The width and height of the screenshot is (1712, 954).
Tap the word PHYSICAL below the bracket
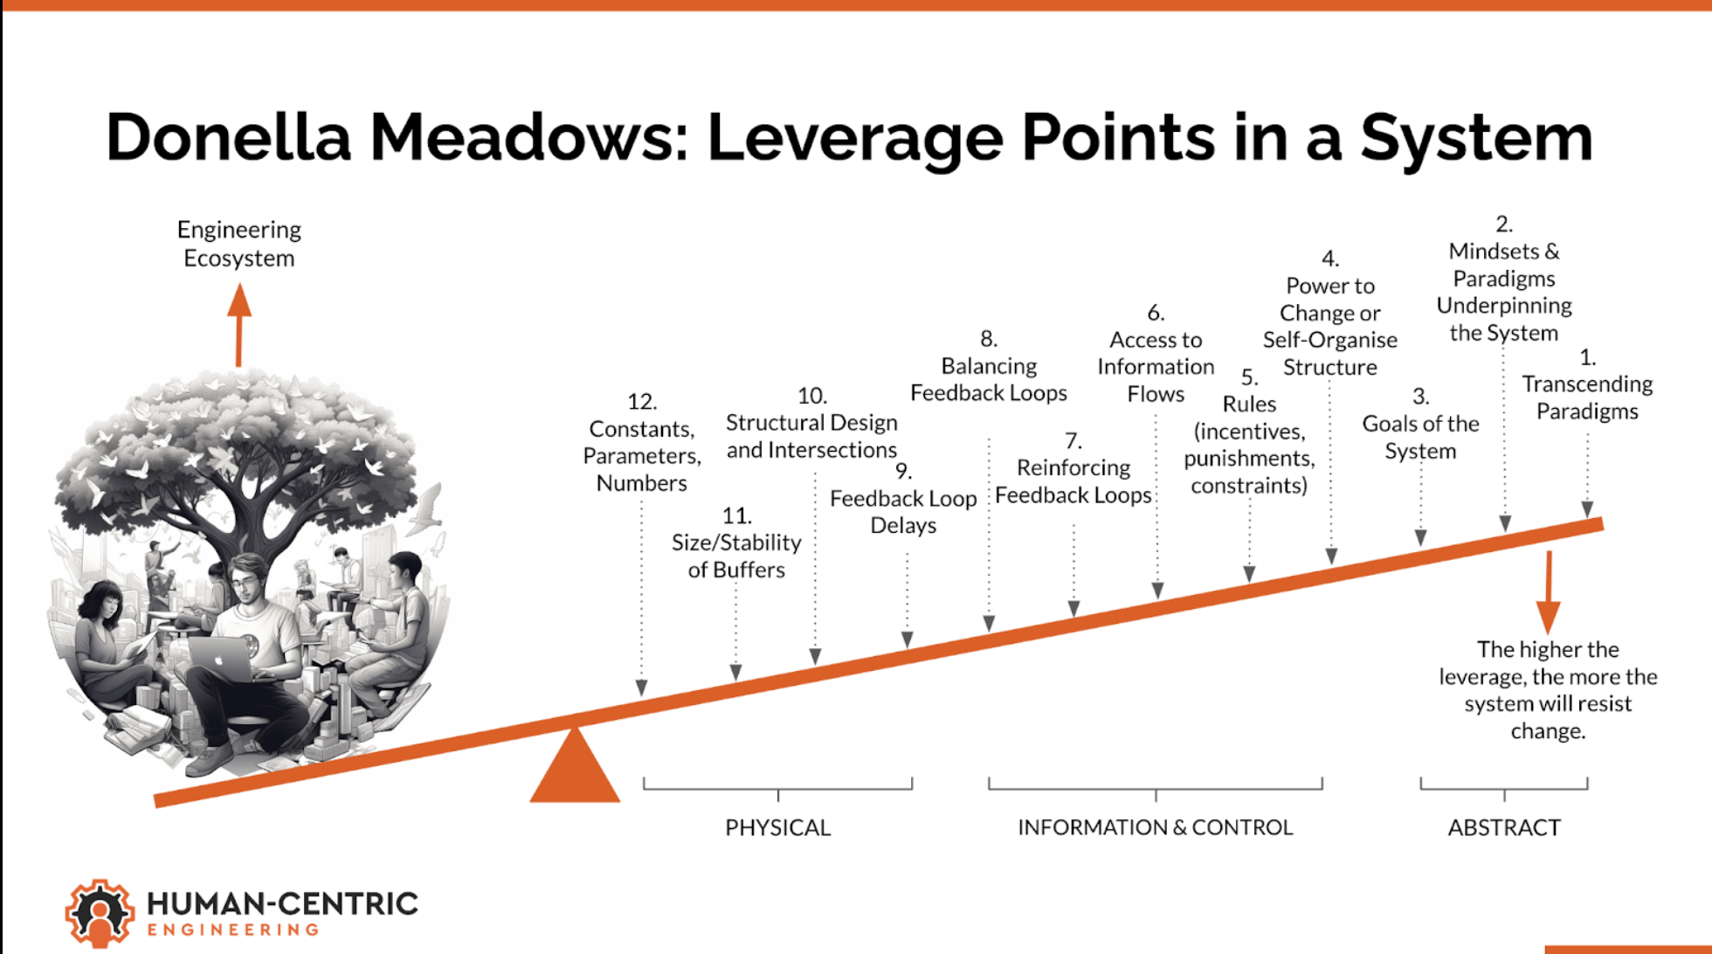coord(777,827)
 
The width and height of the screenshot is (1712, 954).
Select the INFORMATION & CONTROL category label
coord(1155,827)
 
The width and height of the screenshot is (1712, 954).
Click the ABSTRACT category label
coord(1503,827)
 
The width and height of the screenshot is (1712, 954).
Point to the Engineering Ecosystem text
coord(238,244)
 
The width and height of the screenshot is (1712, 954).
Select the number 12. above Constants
coord(641,401)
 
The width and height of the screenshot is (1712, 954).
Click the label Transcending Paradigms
coord(1587,397)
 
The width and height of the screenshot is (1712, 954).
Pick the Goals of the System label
coord(1420,437)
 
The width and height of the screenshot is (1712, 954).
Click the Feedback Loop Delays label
coord(903,512)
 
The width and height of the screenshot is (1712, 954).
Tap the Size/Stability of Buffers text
coord(735,556)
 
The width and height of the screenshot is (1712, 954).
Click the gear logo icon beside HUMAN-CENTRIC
coord(100,913)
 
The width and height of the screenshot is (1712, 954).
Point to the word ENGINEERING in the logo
coord(233,930)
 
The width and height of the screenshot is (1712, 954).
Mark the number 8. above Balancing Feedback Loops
coord(988,338)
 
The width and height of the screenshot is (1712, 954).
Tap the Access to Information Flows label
coord(1155,367)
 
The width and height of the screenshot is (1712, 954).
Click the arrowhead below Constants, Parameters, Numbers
coord(641,688)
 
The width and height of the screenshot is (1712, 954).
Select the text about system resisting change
coord(1548,689)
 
